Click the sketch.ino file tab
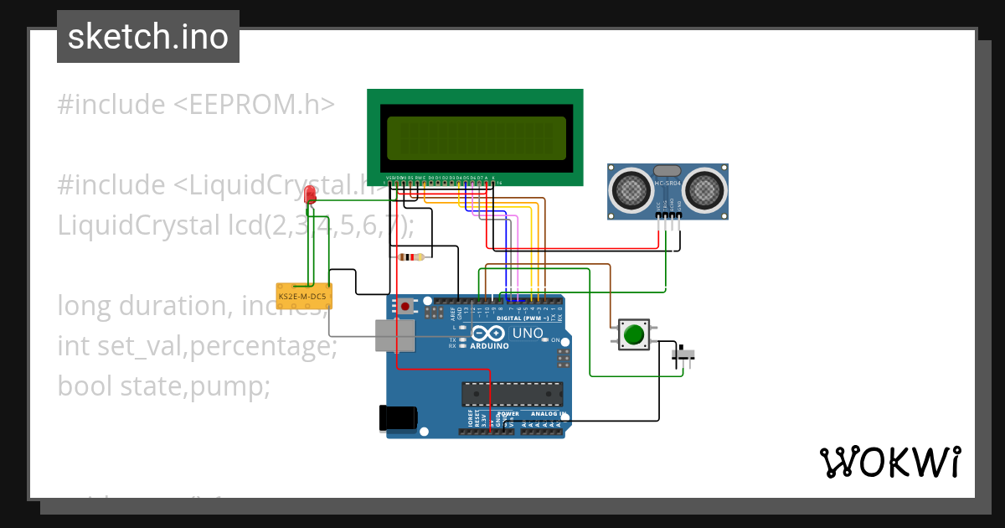tap(147, 37)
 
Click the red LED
tap(311, 195)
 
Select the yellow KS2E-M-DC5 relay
tap(303, 297)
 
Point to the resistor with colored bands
tap(411, 257)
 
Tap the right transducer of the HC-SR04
tap(706, 190)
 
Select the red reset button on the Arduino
tap(406, 307)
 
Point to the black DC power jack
tap(398, 417)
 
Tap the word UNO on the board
tap(528, 333)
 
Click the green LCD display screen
tap(476, 138)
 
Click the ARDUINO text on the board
tap(490, 345)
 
